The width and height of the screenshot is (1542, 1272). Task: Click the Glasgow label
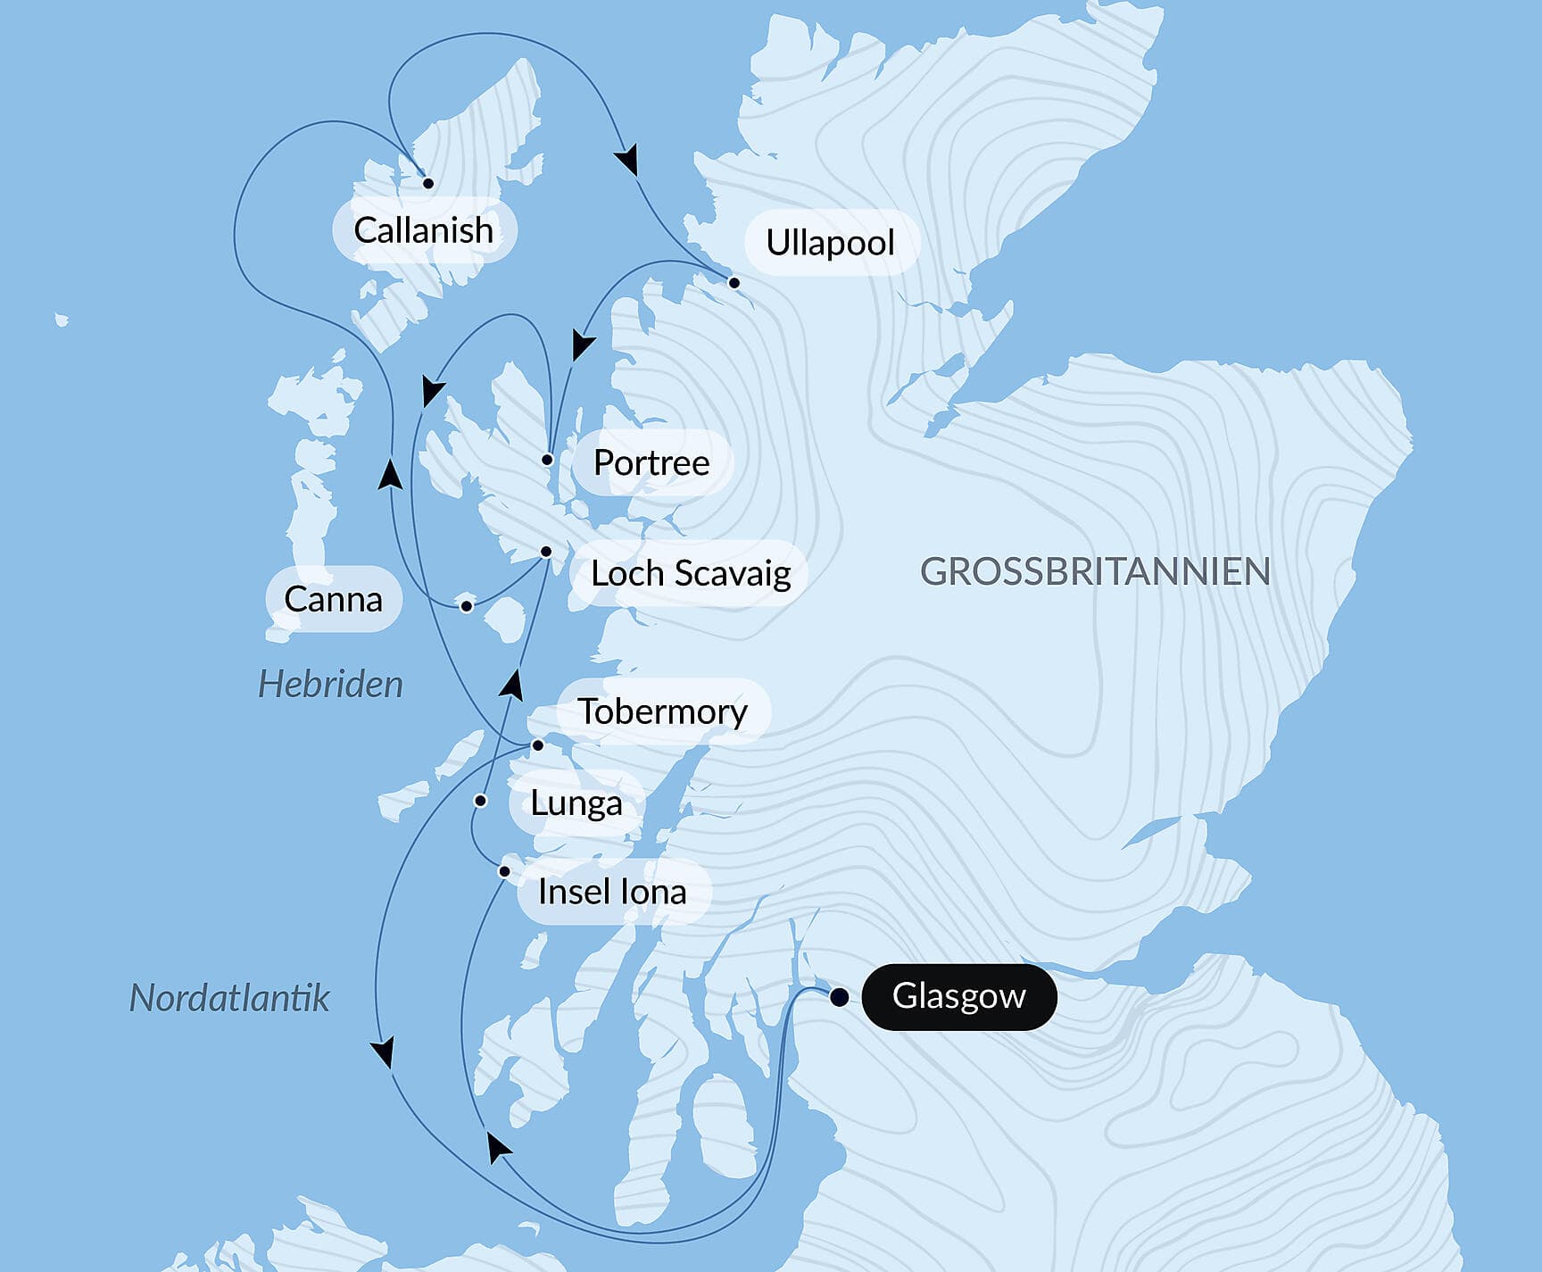pyautogui.click(x=958, y=996)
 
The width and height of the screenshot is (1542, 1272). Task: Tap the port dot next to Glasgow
pyautogui.click(x=839, y=997)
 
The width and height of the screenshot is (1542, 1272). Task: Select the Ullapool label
pyautogui.click(x=830, y=243)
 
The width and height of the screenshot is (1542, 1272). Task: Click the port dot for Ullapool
pyautogui.click(x=734, y=283)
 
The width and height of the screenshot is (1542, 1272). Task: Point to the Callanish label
pyautogui.click(x=423, y=230)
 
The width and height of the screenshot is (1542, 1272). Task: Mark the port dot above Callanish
pyautogui.click(x=428, y=183)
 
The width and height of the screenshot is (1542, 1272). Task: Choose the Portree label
pyautogui.click(x=651, y=462)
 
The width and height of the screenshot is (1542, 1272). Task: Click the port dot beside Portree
pyautogui.click(x=547, y=461)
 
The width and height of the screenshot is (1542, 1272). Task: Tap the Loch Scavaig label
pyautogui.click(x=691, y=573)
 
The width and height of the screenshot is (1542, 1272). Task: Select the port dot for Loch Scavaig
pyautogui.click(x=546, y=552)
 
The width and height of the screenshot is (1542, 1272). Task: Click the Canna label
pyautogui.click(x=333, y=599)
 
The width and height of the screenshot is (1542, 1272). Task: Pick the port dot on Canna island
pyautogui.click(x=466, y=607)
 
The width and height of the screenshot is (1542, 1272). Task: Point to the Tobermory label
pyautogui.click(x=662, y=711)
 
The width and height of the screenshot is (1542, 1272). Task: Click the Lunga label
pyautogui.click(x=576, y=802)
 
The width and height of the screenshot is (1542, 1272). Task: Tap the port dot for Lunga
pyautogui.click(x=480, y=801)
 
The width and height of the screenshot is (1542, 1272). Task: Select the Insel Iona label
pyautogui.click(x=612, y=892)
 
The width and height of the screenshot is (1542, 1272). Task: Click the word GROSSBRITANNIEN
pyautogui.click(x=1095, y=572)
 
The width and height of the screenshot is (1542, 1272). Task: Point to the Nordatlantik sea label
pyautogui.click(x=229, y=997)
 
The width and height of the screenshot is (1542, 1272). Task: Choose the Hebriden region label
pyautogui.click(x=330, y=685)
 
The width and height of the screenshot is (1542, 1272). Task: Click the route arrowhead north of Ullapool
pyautogui.click(x=628, y=160)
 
